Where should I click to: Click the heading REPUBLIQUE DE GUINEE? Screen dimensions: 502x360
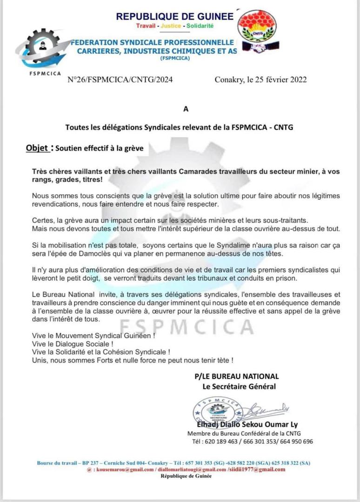(174, 16)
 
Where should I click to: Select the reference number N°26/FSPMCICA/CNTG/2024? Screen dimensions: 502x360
(120, 79)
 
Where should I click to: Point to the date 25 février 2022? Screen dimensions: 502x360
(276, 79)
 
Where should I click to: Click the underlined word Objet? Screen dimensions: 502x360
(37, 148)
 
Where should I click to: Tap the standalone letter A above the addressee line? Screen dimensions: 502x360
(186, 110)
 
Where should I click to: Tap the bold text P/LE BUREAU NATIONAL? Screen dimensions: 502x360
(237, 376)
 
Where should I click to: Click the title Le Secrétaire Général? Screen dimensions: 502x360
(239, 386)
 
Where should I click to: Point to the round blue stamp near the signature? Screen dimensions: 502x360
(216, 410)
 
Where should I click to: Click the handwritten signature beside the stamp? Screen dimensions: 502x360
(267, 410)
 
